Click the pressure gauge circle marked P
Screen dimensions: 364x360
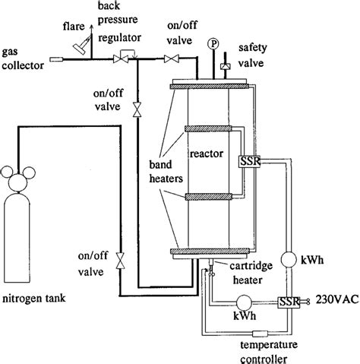pyautogui.click(x=214, y=43)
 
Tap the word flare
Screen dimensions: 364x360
pyautogui.click(x=73, y=26)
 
